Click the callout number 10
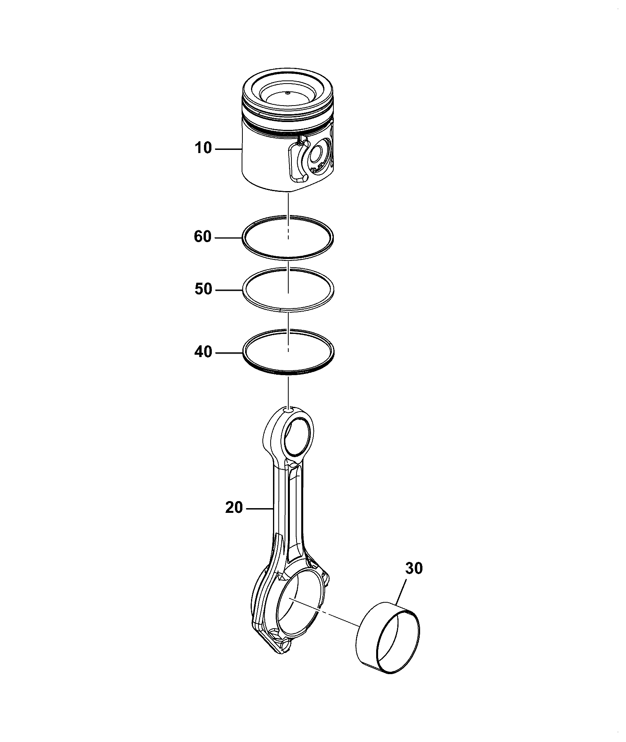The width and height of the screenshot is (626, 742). [203, 148]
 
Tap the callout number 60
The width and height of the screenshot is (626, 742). [203, 237]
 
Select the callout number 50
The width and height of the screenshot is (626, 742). [203, 290]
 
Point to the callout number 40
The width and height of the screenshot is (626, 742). [203, 352]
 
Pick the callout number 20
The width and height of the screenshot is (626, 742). [234, 508]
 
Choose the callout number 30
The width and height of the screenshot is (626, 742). [414, 568]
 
